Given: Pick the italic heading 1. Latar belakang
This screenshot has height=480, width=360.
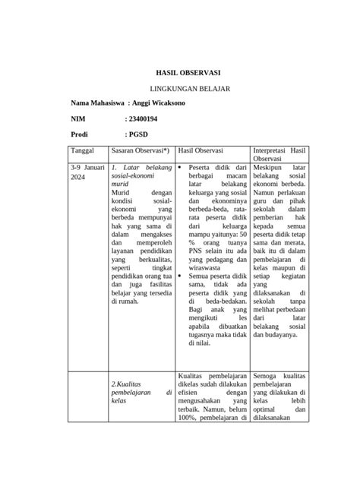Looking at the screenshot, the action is point(141,166).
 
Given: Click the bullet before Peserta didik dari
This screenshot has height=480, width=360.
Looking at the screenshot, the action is point(181,166).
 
